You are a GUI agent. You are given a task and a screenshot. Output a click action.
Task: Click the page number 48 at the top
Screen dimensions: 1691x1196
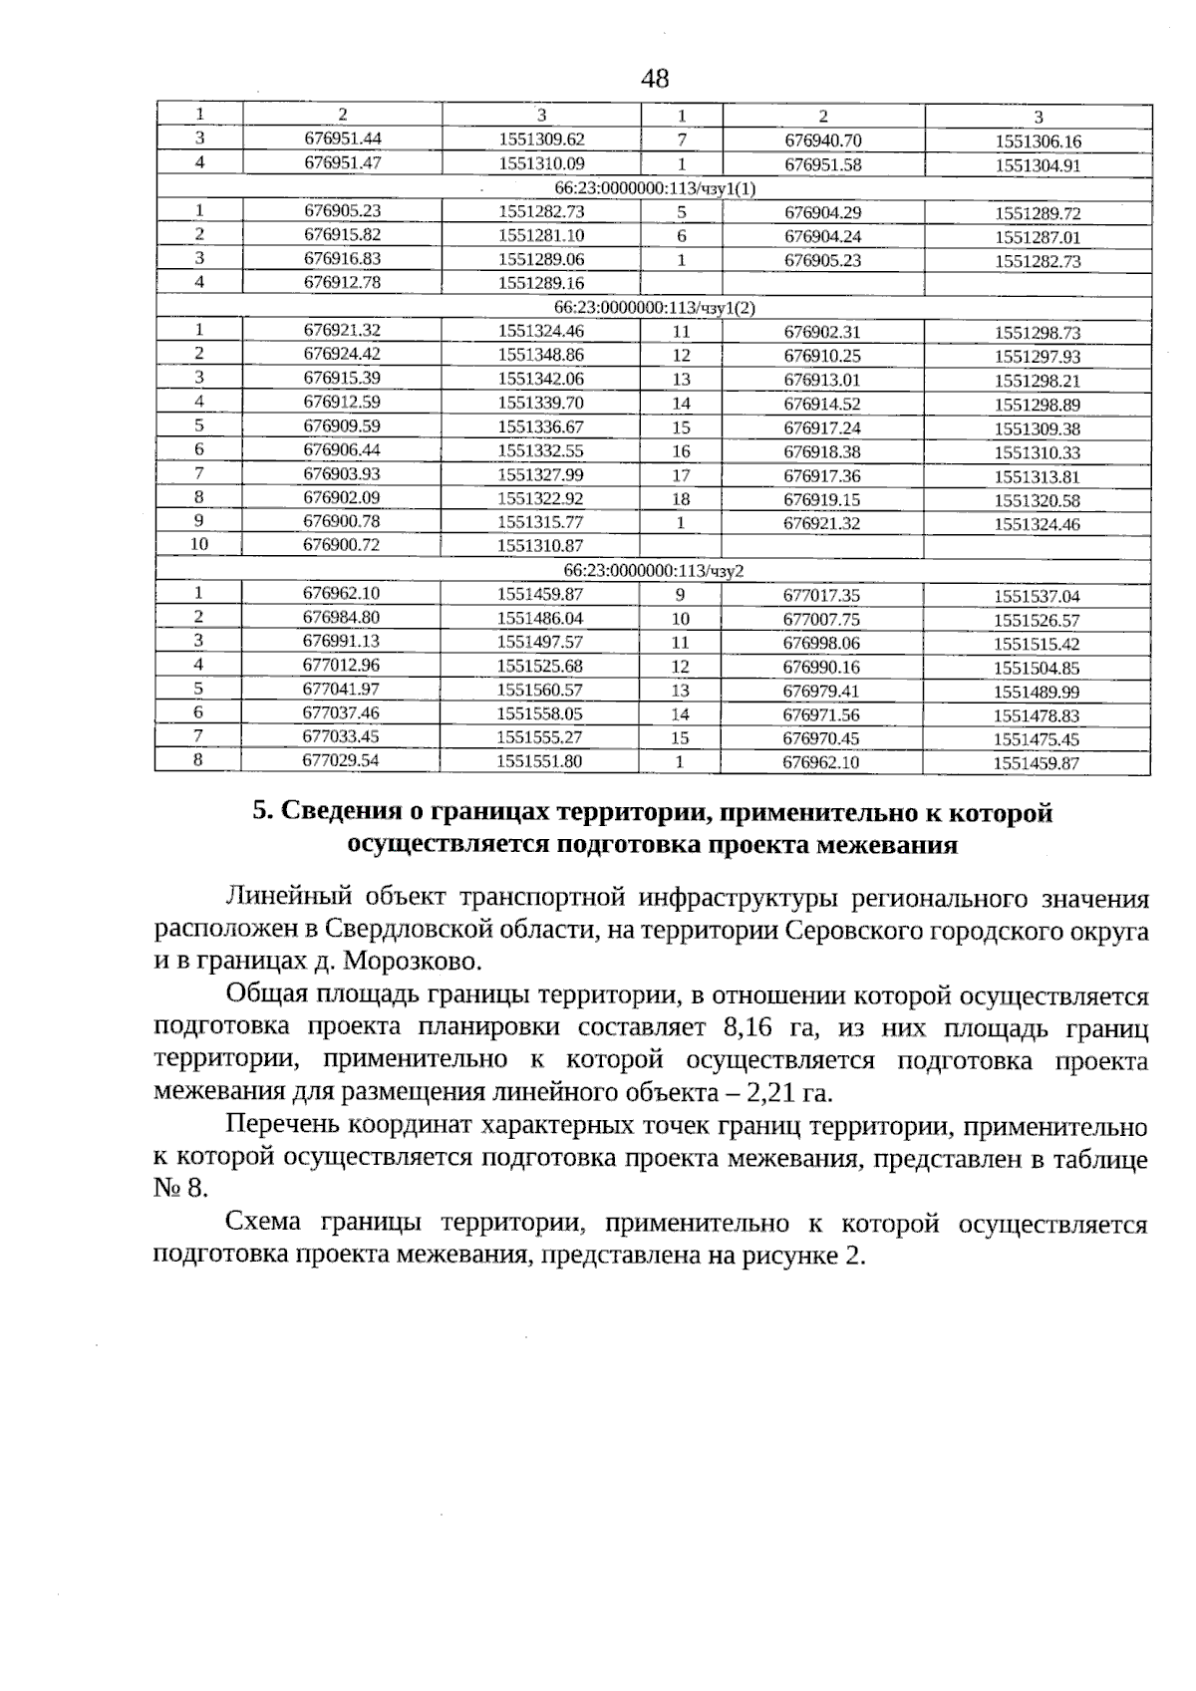655,79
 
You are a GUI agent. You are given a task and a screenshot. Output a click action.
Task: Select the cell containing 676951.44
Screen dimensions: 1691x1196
342,140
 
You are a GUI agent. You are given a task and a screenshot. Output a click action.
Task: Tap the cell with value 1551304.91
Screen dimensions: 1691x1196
1038,165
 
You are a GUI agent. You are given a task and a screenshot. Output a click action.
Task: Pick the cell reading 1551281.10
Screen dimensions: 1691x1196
540,235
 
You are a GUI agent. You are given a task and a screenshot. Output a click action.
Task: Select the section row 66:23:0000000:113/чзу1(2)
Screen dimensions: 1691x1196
654,308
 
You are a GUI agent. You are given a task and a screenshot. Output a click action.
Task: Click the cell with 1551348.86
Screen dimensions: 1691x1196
540,354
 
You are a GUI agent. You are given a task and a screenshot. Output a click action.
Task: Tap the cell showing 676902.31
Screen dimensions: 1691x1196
822,332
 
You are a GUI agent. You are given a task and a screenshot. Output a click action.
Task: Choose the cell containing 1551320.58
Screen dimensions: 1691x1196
1038,500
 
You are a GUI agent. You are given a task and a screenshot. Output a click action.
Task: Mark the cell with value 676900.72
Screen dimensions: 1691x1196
342,545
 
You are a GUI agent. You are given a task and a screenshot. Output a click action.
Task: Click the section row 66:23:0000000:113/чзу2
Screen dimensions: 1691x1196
654,571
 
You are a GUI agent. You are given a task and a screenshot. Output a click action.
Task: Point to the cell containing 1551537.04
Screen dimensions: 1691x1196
1037,596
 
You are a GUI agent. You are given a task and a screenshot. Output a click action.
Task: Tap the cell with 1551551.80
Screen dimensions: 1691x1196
539,761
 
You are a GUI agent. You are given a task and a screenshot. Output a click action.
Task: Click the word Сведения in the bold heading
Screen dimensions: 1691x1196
338,813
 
